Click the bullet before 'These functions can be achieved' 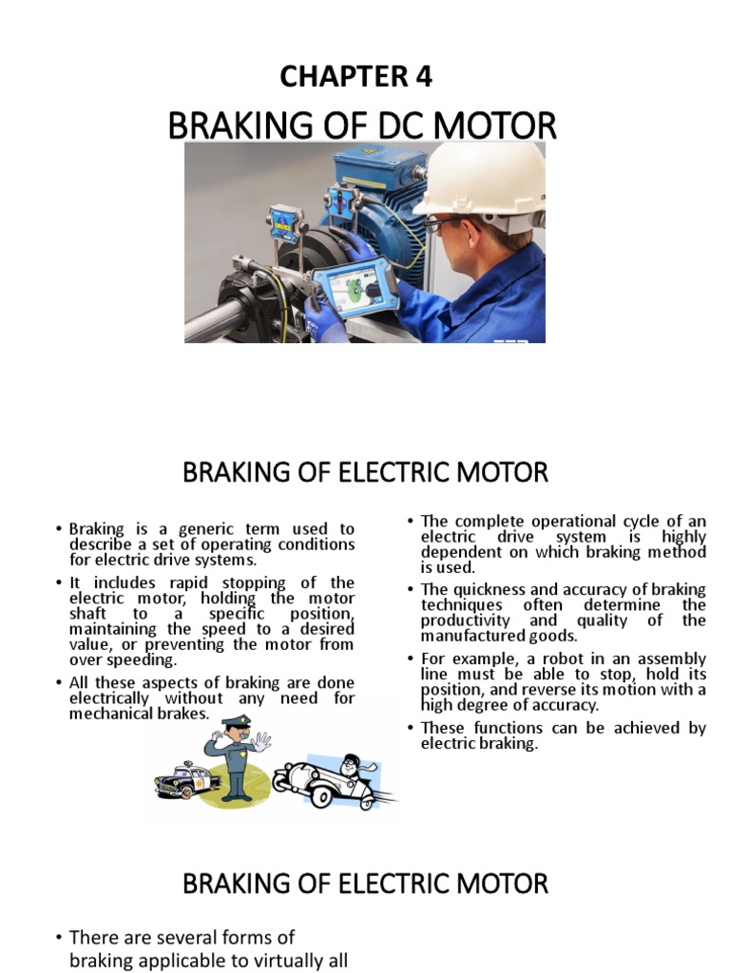coord(410,728)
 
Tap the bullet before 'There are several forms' coord(58,938)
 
